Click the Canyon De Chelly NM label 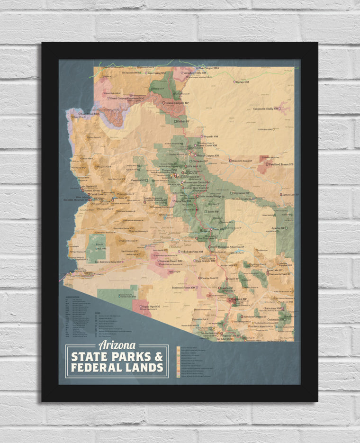tap(269, 108)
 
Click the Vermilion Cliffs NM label tap(199, 73)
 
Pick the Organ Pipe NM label tap(148, 307)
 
